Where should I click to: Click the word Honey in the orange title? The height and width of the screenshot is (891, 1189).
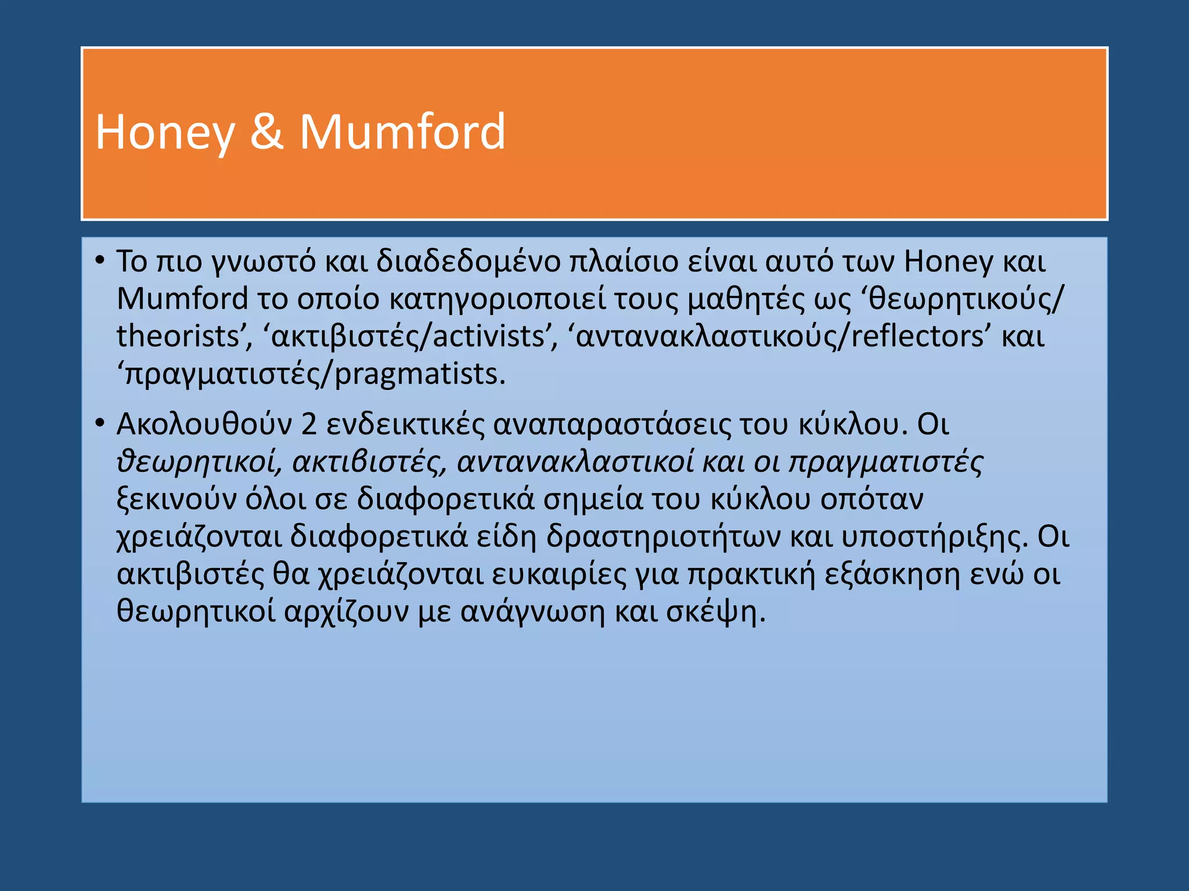coord(164,133)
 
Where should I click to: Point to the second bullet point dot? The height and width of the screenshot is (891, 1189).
coord(100,423)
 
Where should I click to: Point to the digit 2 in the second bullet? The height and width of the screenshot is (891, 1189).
coord(309,425)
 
